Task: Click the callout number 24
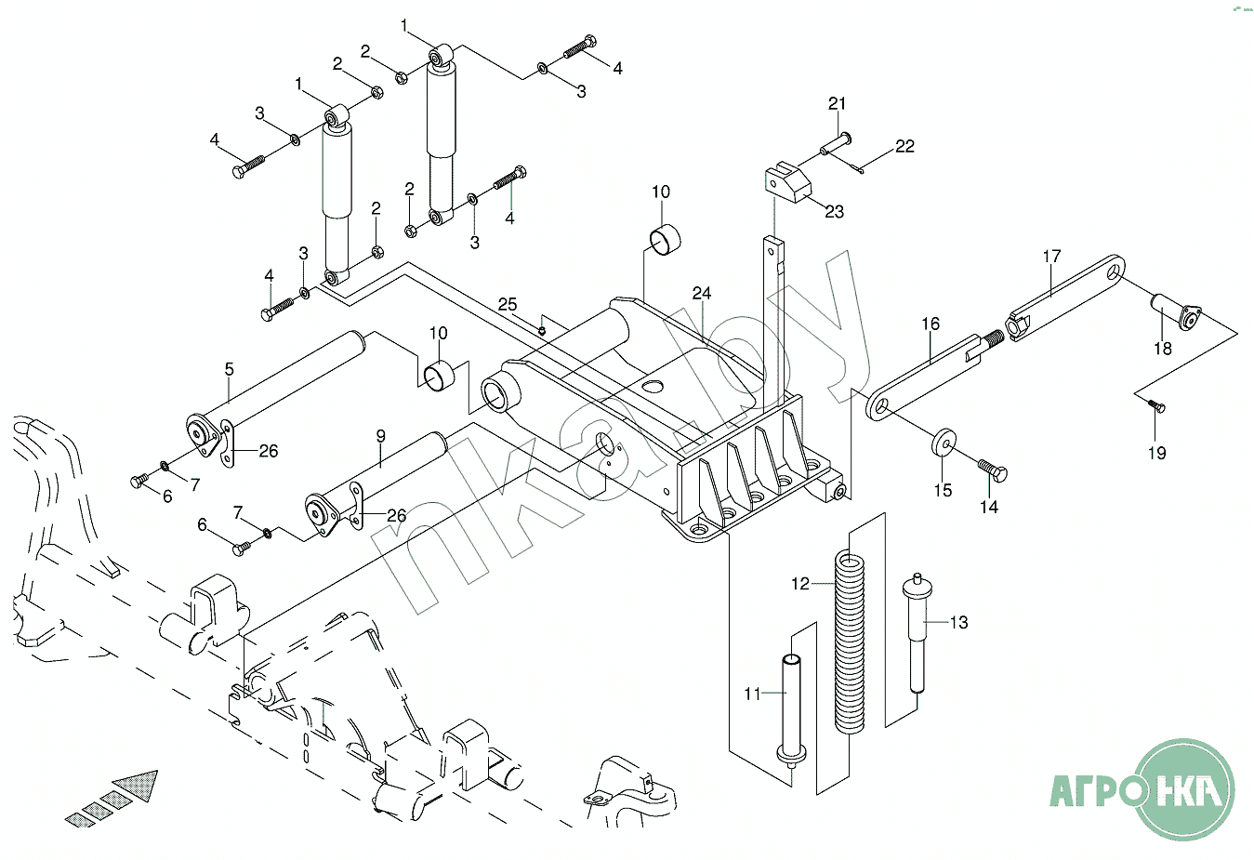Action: tap(702, 294)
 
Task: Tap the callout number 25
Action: tap(507, 305)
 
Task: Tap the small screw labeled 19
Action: tap(1155, 405)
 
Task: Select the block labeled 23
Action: tap(787, 183)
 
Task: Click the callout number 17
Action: tap(1051, 257)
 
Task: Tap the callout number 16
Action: tap(931, 324)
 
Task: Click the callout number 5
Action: tap(230, 369)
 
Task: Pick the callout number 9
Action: tap(380, 435)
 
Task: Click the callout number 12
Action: tap(800, 584)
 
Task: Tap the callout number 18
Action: tap(1163, 349)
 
